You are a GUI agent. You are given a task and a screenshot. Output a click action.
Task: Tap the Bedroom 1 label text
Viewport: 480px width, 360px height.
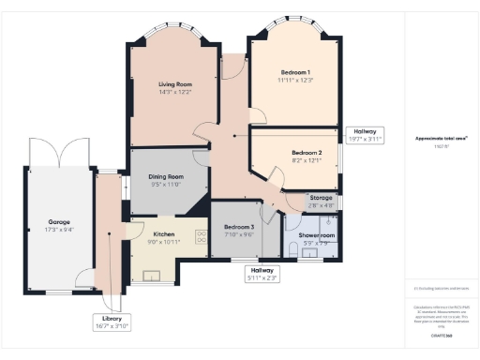(x=295, y=72)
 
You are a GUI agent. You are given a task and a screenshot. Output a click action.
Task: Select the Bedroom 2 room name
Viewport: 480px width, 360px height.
(x=306, y=152)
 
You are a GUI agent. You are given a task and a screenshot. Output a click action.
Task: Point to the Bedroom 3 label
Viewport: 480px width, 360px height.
(x=238, y=227)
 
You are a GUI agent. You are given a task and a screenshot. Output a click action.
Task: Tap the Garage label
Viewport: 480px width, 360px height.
(x=59, y=222)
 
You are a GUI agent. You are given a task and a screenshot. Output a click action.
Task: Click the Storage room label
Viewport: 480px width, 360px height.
(x=322, y=197)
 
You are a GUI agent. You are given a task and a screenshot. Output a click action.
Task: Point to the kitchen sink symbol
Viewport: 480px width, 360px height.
(x=150, y=276)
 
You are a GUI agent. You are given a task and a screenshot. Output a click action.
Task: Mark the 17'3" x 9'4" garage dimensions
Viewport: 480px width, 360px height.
(x=59, y=230)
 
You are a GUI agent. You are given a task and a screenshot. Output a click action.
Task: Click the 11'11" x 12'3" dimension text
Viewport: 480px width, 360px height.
(x=295, y=81)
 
